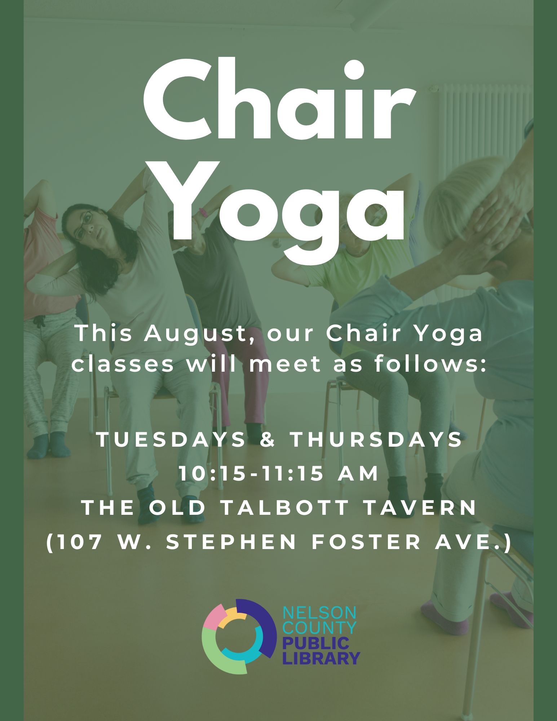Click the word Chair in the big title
tap(279, 99)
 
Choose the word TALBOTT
tap(284, 508)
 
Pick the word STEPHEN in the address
tap(231, 542)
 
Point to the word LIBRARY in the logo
tap(321, 658)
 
